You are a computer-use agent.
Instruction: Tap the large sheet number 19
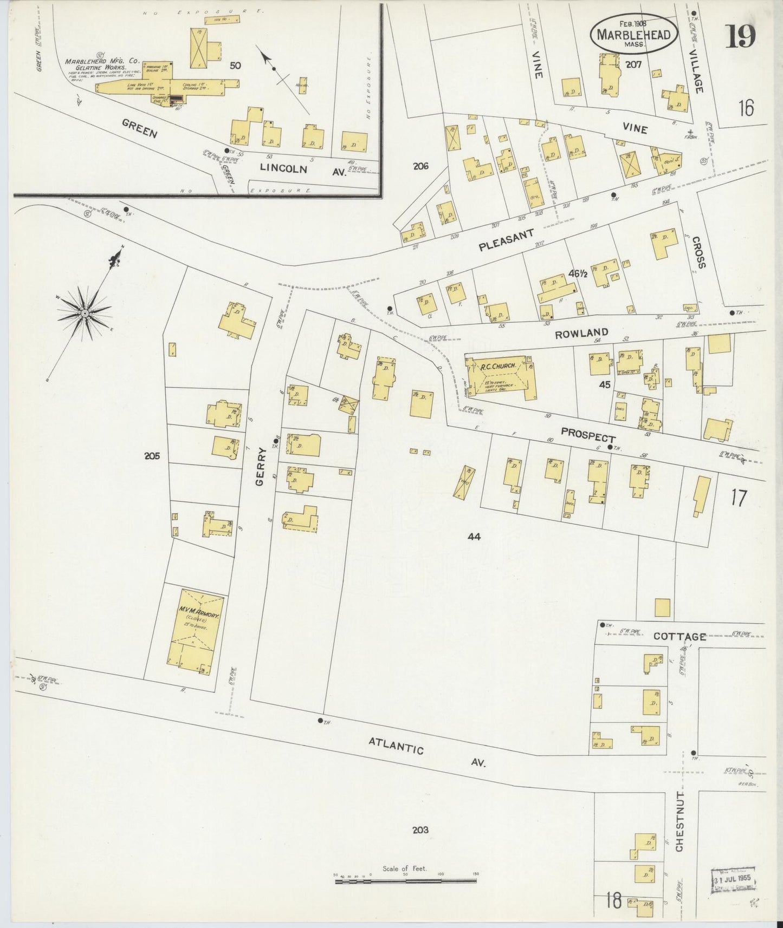(741, 36)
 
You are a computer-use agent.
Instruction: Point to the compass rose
(85, 312)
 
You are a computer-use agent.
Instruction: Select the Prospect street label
(588, 435)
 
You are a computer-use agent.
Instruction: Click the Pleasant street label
(506, 240)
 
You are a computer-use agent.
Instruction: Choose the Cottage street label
(680, 637)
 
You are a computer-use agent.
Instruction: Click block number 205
(152, 456)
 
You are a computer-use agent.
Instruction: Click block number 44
(474, 537)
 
